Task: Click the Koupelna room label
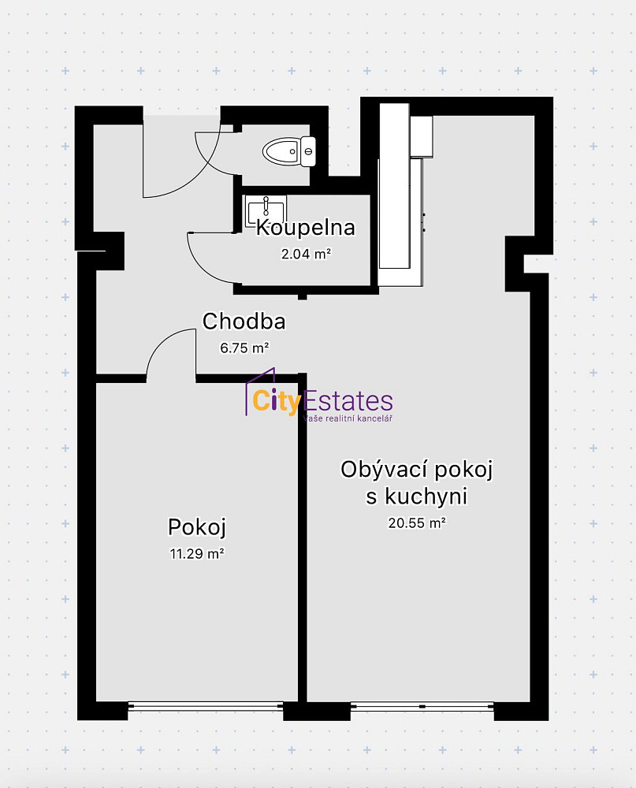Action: click(x=305, y=228)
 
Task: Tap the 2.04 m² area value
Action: click(x=306, y=254)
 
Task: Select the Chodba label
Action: click(x=244, y=322)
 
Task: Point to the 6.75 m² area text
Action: click(x=244, y=348)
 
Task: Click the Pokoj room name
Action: click(x=196, y=527)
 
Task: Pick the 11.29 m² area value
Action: click(x=196, y=553)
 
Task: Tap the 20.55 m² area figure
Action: click(x=417, y=522)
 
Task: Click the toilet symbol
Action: click(x=289, y=151)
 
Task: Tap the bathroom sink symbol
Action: click(x=266, y=211)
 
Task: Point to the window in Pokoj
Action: click(x=206, y=705)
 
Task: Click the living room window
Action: click(x=422, y=705)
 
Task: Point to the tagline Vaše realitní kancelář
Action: click(x=348, y=418)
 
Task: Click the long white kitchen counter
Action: click(x=394, y=186)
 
